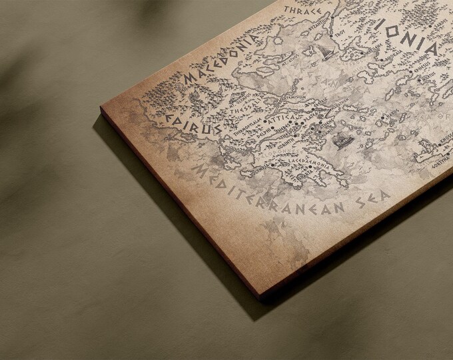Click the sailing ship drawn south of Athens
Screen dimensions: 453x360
[345, 141]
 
